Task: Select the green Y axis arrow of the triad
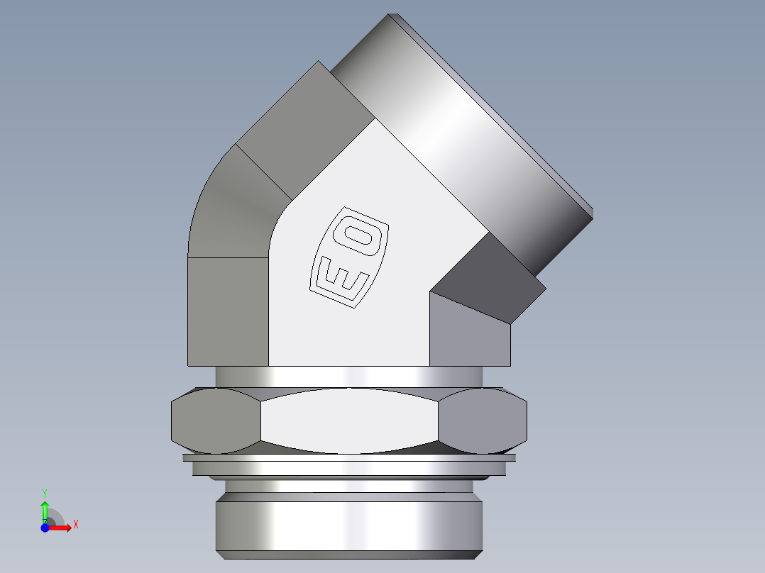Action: [45, 508]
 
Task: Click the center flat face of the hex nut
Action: [349, 421]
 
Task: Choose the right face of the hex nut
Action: [483, 421]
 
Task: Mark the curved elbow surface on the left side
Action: [231, 206]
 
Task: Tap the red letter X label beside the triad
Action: [75, 525]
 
